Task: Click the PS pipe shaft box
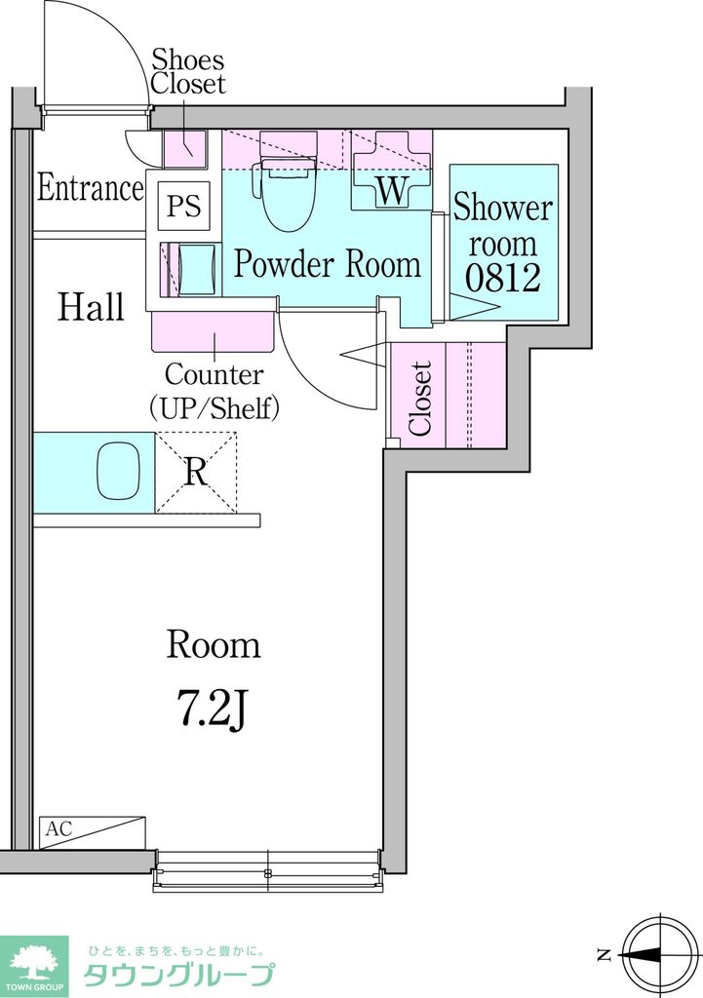point(184,206)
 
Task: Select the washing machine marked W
point(392,170)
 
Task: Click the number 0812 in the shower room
point(503,277)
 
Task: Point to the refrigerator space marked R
point(196,473)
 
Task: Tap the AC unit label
point(59,828)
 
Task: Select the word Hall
point(91,307)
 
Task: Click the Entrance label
point(91,188)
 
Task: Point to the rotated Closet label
point(419,399)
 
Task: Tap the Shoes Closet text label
point(188,71)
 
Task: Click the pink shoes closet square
point(185,149)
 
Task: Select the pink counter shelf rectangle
point(214,331)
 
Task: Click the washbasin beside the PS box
point(196,269)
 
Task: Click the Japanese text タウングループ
point(179,975)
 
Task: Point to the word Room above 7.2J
point(214,645)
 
